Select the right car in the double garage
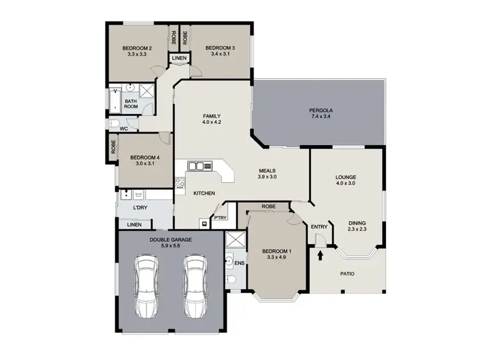[195, 286]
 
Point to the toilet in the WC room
[114, 123]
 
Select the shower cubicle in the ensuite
[235, 242]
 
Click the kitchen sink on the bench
[203, 166]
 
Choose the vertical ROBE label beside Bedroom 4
[113, 148]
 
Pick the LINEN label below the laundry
[134, 225]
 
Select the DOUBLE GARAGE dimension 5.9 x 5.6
[170, 246]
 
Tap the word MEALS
[267, 170]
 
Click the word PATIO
[348, 274]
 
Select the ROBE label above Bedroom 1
[269, 207]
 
